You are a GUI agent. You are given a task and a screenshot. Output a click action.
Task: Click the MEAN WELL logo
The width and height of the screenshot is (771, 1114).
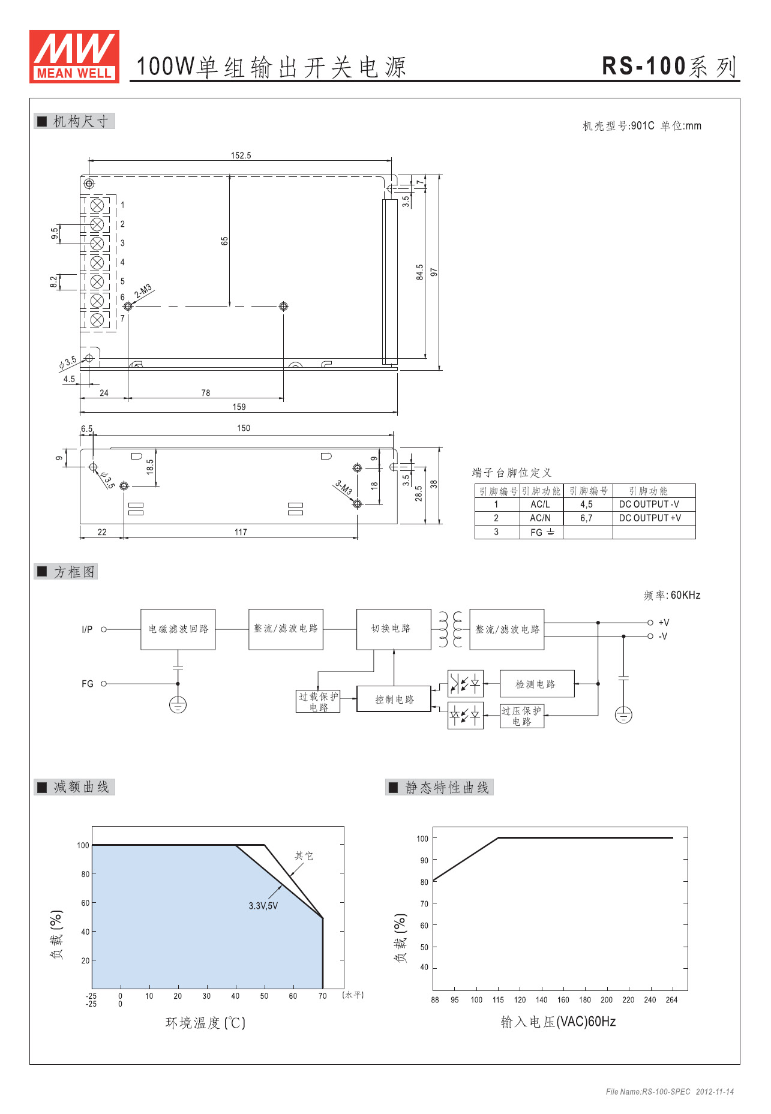74,56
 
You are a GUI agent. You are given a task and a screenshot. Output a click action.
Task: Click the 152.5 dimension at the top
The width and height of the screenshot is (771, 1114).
241,155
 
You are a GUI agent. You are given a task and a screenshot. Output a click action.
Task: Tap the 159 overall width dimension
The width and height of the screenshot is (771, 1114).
239,407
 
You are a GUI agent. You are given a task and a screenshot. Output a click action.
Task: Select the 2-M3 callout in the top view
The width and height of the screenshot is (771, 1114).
143,292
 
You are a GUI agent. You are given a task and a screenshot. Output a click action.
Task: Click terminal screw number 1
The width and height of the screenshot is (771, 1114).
97,205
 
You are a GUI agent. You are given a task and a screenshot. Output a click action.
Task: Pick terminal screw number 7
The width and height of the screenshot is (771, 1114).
97,320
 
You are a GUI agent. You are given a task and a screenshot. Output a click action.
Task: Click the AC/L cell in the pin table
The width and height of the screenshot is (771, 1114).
540,505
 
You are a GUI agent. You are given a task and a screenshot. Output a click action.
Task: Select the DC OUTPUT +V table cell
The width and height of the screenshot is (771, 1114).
650,518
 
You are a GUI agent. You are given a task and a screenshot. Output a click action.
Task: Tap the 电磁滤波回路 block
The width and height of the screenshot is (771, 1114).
178,629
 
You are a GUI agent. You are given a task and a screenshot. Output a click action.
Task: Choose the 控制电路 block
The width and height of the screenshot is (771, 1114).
394,699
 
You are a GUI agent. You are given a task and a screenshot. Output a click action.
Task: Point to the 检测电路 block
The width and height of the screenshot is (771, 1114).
536,684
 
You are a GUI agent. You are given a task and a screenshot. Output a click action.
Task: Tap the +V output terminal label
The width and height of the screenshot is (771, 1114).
664,623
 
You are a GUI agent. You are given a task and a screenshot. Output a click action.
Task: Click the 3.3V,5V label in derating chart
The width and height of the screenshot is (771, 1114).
263,906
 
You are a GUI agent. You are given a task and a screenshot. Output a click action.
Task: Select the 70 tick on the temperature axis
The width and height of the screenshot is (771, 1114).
322,996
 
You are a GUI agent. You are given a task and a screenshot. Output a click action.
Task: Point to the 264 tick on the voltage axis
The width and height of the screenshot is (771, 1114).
671,1000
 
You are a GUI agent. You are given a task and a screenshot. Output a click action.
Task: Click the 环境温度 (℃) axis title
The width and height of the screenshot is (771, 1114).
206,1023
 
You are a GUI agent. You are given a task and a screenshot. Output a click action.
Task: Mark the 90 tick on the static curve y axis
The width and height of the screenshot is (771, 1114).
424,860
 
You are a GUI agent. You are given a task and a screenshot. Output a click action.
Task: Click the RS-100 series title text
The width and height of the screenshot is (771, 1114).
669,66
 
